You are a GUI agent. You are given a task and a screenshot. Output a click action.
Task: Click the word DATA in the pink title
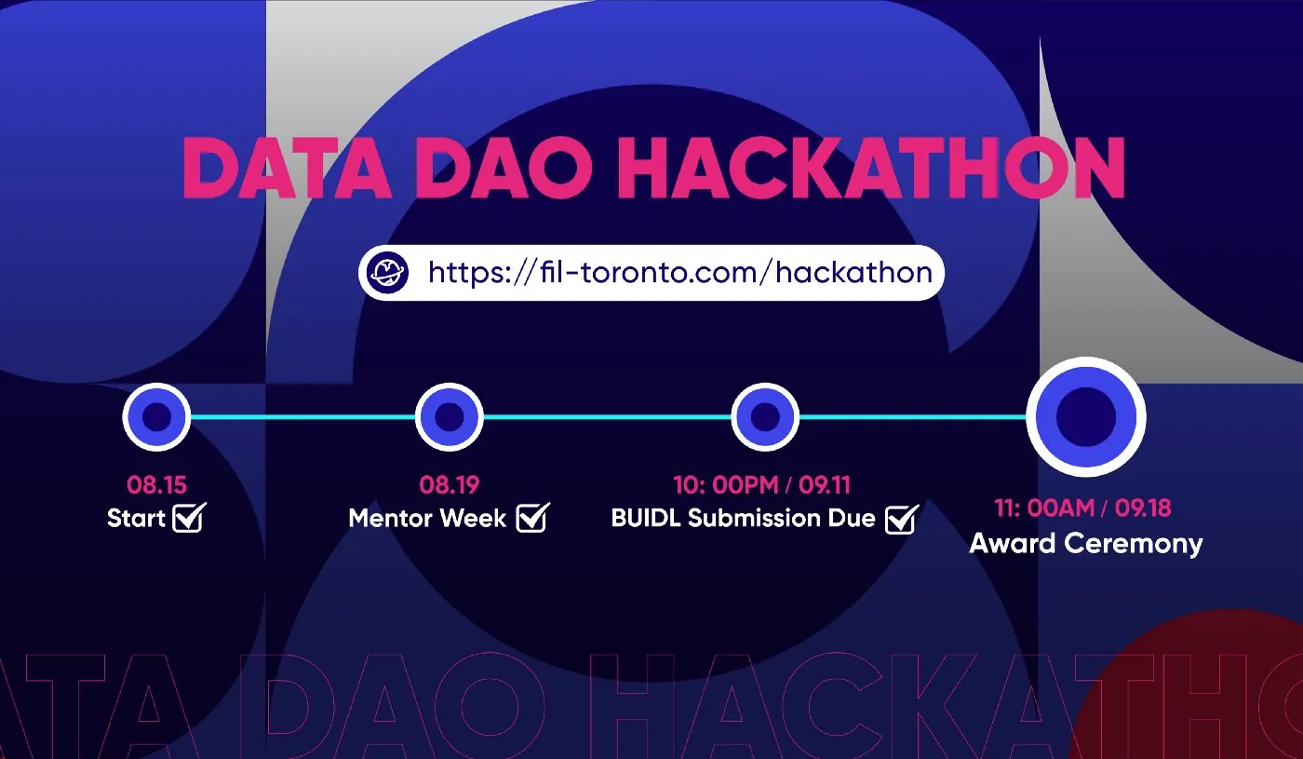[x=287, y=169]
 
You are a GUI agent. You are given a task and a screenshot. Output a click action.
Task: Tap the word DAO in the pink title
[x=503, y=169]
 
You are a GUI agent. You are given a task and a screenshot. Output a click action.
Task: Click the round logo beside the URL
[x=387, y=272]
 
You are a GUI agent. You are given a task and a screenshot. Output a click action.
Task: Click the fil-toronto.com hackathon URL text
[x=680, y=272]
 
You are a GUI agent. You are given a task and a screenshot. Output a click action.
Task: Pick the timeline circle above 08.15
[x=156, y=417]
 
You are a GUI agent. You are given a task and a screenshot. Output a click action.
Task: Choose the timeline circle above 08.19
[x=449, y=417]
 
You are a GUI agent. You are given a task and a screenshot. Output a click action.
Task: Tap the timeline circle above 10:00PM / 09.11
[x=765, y=417]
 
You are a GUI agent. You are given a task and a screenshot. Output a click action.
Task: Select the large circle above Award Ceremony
[x=1086, y=417]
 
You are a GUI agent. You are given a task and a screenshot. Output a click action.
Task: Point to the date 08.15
[x=156, y=485]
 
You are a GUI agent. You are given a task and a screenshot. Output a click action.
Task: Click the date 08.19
[x=449, y=485]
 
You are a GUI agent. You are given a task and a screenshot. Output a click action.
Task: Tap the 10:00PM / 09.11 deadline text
[x=762, y=485]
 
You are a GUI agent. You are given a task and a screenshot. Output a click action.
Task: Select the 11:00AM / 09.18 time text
[x=1082, y=508]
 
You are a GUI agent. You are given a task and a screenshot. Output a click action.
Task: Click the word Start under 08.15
[x=136, y=518]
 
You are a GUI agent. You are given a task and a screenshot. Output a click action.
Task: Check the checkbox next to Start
[x=189, y=518]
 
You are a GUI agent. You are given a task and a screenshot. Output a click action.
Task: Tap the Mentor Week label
[x=427, y=518]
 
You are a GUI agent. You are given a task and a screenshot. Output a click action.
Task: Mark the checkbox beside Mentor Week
[x=532, y=518]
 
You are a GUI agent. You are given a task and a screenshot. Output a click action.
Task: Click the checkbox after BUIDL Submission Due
[x=902, y=519]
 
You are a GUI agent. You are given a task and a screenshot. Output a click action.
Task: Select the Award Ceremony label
[x=1086, y=544]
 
